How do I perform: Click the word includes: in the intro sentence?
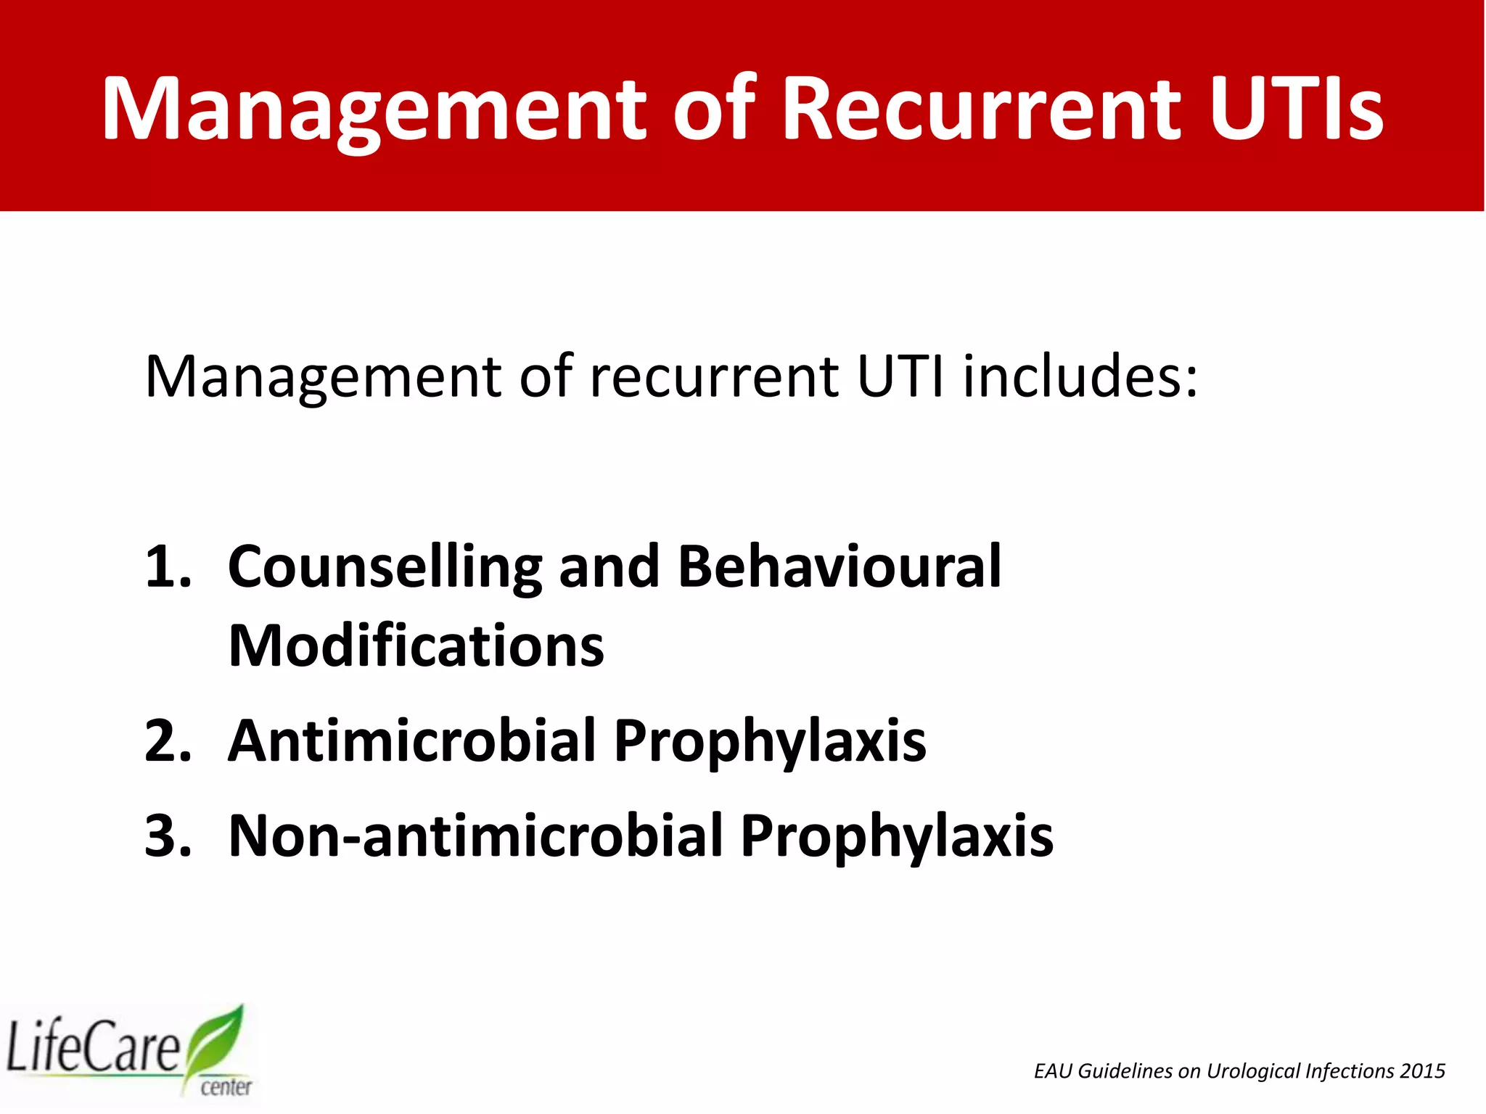point(1080,376)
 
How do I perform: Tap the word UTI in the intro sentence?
point(900,376)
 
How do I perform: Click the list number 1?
point(168,566)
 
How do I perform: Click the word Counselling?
point(385,568)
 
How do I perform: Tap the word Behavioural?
point(840,566)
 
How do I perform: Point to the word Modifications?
point(416,645)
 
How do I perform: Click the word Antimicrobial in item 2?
point(411,740)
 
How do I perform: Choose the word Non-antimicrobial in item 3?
point(474,835)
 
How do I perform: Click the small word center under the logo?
point(226,1086)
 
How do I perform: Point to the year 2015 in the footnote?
point(1423,1071)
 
